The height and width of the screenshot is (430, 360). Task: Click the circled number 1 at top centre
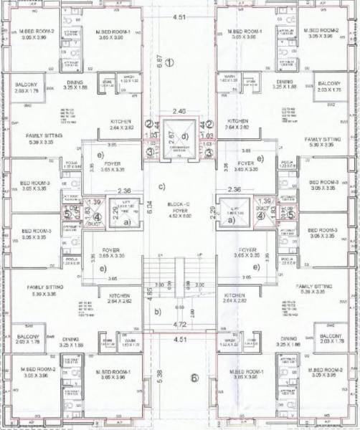point(170,62)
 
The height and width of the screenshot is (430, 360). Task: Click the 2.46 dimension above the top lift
point(180,111)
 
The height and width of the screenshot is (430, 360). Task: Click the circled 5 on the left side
point(67,213)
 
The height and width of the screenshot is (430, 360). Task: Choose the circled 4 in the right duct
point(262,213)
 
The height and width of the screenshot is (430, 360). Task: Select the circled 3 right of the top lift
point(209,151)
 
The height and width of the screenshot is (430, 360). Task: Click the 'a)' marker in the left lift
point(126,221)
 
